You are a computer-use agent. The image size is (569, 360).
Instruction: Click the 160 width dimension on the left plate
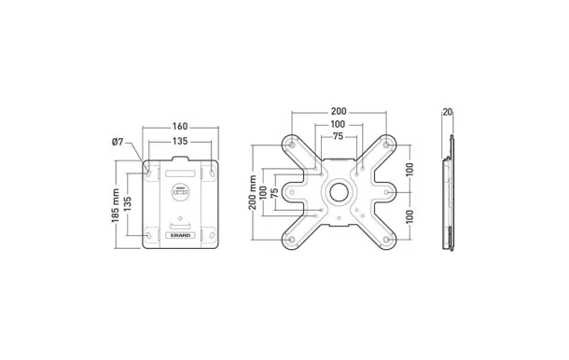[180, 127]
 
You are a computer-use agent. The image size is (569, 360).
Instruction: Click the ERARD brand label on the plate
[181, 236]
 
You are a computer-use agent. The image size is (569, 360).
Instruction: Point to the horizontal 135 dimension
[180, 142]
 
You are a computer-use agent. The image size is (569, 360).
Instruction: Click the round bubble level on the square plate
[181, 194]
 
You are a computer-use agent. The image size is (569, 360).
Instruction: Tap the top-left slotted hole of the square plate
[148, 172]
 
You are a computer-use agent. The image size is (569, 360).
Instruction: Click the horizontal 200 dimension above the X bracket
[340, 111]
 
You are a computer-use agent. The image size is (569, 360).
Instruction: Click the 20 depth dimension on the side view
[448, 112]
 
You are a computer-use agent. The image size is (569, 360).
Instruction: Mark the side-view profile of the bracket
[452, 193]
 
